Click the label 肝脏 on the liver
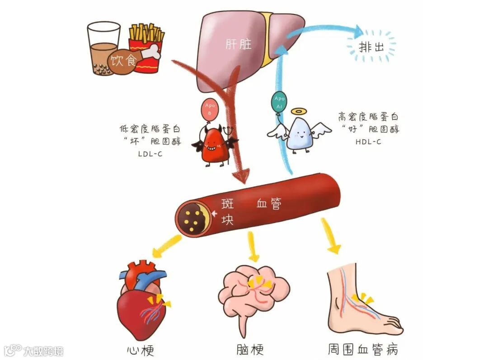click(238, 44)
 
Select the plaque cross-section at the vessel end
click(193, 217)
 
